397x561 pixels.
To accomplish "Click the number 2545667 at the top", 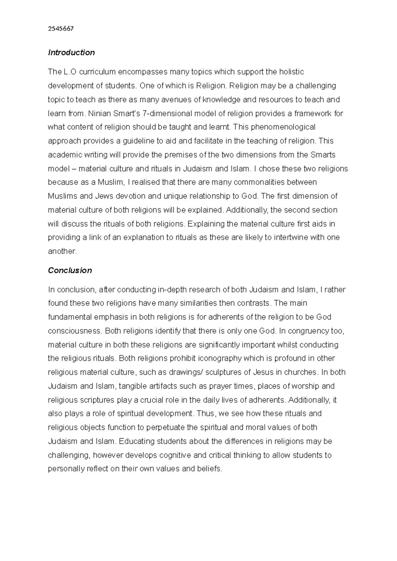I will (61, 28).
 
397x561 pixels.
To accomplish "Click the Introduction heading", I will (71, 53).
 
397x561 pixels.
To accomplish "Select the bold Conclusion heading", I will (70, 270).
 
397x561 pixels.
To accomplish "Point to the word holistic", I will (291, 72).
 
